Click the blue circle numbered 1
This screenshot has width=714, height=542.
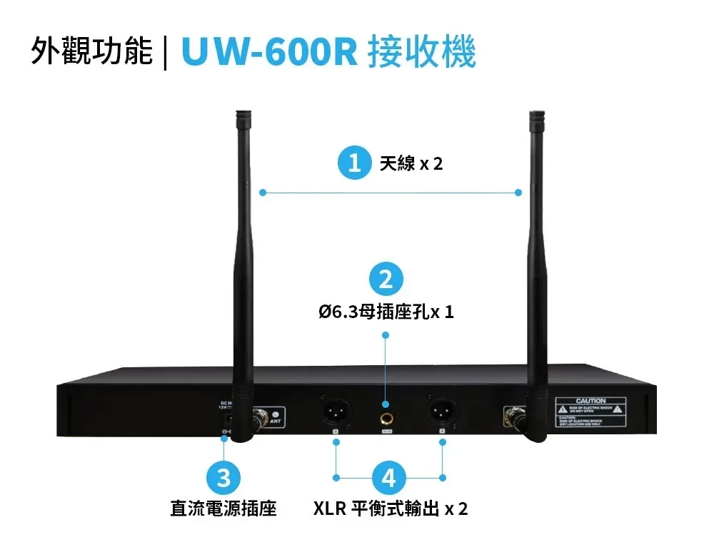point(354,163)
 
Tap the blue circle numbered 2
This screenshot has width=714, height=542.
point(386,279)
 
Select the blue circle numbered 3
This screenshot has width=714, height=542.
point(224,477)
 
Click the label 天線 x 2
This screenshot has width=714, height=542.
point(411,164)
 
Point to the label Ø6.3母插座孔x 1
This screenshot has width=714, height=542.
point(386,312)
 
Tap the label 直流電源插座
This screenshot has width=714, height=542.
point(223,508)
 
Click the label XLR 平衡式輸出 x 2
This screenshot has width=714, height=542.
point(391,508)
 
